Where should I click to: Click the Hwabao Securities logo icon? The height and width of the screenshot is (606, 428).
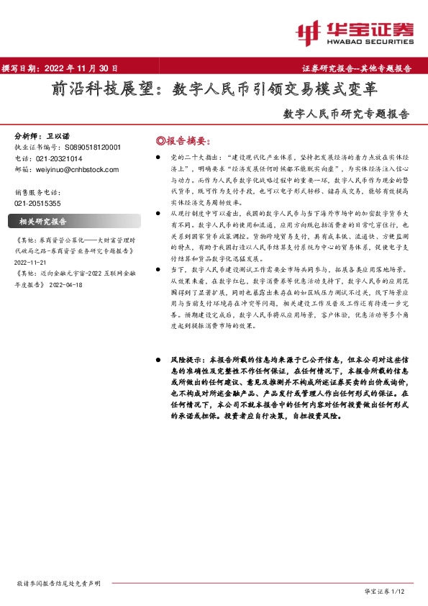309,31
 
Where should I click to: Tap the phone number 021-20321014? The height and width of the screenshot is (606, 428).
59,158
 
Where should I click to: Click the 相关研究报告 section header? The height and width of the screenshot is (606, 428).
42,221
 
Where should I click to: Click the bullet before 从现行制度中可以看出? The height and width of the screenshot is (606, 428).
157,214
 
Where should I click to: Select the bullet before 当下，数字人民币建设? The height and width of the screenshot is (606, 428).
157,266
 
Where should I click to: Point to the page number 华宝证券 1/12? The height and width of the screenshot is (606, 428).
385,590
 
